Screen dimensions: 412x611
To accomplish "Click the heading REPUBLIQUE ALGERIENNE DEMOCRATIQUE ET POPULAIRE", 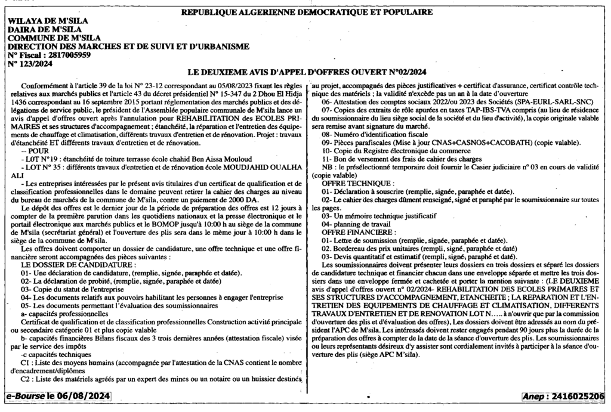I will (307, 12).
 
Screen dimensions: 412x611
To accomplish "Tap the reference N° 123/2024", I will (27, 63).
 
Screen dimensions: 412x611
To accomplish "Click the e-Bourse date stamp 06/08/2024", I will (56, 396).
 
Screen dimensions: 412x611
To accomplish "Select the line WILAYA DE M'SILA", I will (47, 21).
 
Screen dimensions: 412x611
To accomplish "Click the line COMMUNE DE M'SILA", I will (53, 38).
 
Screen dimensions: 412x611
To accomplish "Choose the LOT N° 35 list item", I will (152, 168).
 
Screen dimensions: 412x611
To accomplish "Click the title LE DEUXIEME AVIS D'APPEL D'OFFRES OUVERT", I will (307, 72).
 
